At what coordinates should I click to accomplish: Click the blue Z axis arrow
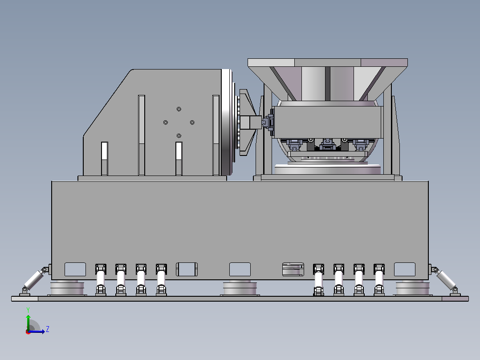pos(37,331)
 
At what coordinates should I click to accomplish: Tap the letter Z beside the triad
pos(48,329)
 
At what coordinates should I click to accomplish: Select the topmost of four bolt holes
pos(179,109)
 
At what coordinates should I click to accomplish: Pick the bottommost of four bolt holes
pos(179,136)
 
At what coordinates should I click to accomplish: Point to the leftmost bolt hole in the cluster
pos(166,123)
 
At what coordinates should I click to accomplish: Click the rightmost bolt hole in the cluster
pos(192,123)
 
